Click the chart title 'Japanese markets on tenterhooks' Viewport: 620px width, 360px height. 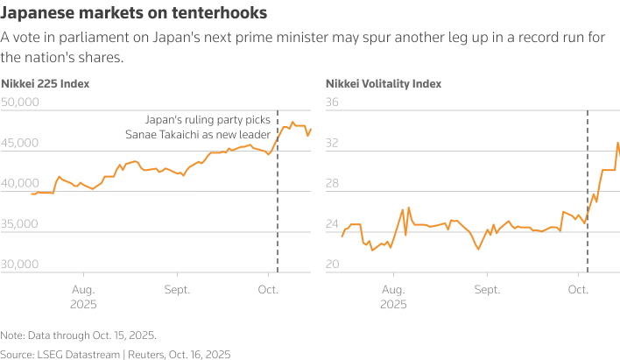134,14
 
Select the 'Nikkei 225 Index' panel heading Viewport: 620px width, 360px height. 46,84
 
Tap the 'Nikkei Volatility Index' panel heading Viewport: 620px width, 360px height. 384,84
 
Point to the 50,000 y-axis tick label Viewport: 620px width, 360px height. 21,102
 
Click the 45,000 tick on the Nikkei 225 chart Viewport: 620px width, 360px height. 21,143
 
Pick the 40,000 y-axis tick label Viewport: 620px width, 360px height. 21,184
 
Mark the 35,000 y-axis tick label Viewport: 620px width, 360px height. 21,224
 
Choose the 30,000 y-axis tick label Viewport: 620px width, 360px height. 21,265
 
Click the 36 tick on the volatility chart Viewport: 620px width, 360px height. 332,102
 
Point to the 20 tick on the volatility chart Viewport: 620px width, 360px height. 332,265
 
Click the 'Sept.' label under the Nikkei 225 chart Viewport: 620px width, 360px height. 177,288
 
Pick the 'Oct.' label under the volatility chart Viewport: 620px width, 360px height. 578,288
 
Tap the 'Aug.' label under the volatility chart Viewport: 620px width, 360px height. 393,288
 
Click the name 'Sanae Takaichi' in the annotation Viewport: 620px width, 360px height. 162,134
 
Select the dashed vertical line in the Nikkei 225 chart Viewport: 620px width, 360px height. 278,201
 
